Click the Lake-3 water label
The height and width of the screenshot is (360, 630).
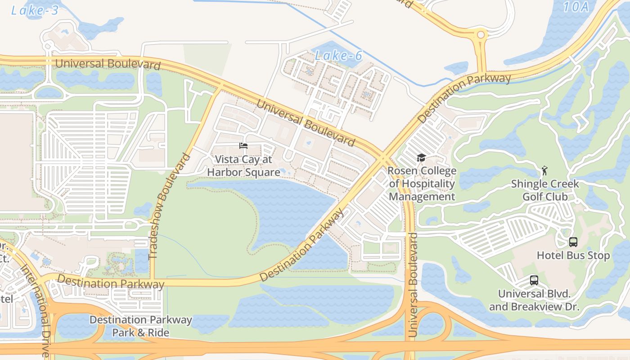point(35,10)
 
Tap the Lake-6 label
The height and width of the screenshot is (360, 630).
point(338,56)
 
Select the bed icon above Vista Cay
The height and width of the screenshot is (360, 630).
point(243,145)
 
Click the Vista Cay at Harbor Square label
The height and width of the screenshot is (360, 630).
point(243,166)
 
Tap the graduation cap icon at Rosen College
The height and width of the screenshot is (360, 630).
point(421,157)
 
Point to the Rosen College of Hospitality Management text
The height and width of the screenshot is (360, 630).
point(422,184)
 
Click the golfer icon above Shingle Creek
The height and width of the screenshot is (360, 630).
point(544,171)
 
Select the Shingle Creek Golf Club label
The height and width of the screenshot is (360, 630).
point(545,190)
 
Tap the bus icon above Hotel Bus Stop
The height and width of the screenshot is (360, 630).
point(573,242)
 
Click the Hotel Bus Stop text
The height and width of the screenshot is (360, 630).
point(573,256)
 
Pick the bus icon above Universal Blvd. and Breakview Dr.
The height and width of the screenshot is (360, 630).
point(534,280)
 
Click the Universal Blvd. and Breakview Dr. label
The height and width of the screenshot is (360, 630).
point(534,300)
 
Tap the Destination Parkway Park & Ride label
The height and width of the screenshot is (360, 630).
point(140,326)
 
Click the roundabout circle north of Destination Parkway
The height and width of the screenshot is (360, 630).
point(481,35)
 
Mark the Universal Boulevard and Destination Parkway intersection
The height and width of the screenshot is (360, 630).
point(382,157)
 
